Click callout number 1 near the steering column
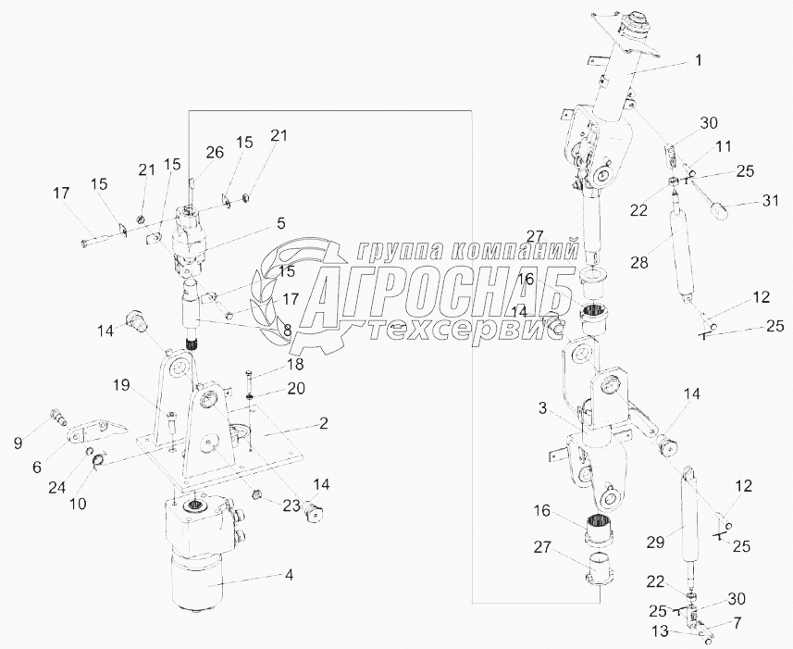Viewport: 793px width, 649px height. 698,60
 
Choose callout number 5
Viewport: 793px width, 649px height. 279,223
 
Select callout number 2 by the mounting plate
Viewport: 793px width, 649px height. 324,423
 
